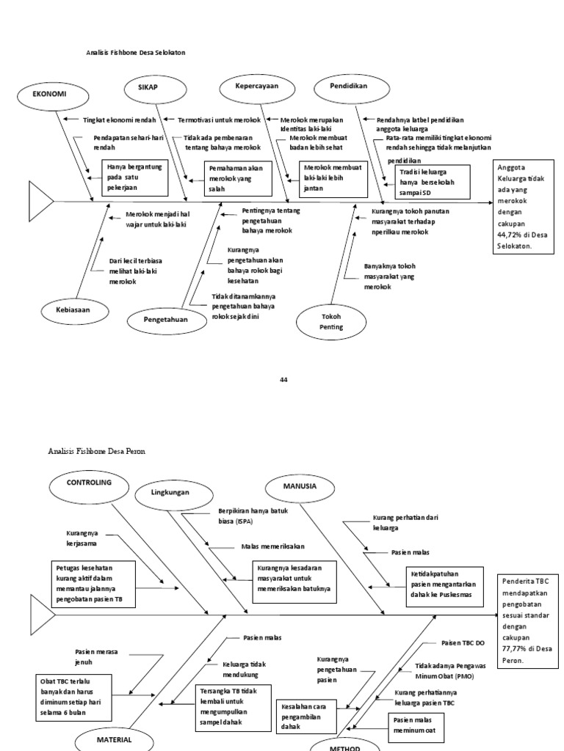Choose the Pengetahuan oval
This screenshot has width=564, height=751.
point(165,320)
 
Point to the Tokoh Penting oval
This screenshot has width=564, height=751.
point(331,322)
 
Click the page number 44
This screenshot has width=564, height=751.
point(283,379)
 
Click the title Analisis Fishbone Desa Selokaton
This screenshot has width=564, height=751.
point(136,54)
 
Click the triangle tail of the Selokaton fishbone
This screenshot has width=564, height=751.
point(40,199)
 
